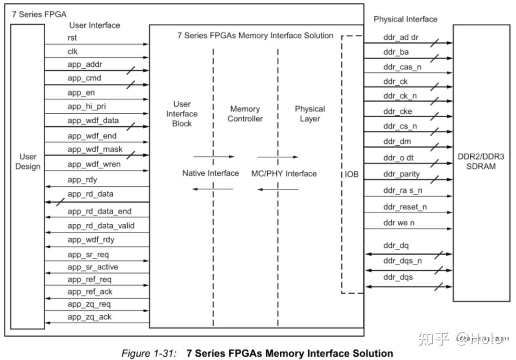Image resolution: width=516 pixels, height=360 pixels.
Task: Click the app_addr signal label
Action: pos(85,64)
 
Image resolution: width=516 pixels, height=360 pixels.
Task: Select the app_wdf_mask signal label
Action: pos(95,150)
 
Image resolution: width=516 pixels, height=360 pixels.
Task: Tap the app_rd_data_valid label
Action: pos(101,226)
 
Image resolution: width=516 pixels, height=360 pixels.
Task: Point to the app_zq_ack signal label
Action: pos(90,317)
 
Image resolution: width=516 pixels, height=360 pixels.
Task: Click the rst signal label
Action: pos(72,38)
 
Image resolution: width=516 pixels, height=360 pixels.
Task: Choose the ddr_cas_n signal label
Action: pos(402,67)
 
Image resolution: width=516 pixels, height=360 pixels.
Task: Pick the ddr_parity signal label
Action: pos(402,174)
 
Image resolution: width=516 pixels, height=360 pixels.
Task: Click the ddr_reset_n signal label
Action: pos(405,207)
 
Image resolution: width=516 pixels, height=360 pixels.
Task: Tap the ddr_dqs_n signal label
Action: pos(402,261)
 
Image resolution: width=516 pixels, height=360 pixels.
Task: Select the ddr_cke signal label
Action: pos(397,112)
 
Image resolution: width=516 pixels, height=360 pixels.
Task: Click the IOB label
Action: pos(352,175)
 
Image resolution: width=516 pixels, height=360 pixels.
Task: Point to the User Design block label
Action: pos(28,161)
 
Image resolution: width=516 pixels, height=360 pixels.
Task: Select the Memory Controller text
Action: pos(245,114)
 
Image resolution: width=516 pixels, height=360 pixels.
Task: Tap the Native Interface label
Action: pos(210,173)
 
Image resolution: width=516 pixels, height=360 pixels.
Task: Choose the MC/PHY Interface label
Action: pos(284,173)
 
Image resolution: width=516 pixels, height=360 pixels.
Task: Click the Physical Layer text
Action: pos(310,114)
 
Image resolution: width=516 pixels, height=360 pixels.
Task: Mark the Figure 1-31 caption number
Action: pos(149,353)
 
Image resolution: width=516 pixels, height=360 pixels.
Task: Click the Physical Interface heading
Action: pos(405,20)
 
